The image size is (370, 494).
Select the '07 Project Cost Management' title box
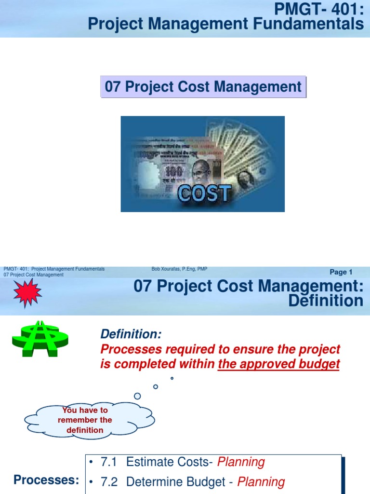point(203,87)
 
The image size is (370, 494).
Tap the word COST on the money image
point(204,194)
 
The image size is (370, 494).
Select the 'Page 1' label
point(341,272)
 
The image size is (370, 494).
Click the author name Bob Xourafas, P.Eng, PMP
point(179,269)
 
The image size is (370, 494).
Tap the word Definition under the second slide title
point(325,301)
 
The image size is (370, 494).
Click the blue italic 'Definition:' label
point(131,334)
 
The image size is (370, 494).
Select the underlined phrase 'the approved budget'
point(278,365)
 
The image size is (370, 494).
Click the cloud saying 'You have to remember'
point(85,420)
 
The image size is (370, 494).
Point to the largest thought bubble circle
point(137,396)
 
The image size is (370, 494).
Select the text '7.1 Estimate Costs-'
point(157,462)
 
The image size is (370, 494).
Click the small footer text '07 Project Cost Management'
point(33,275)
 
